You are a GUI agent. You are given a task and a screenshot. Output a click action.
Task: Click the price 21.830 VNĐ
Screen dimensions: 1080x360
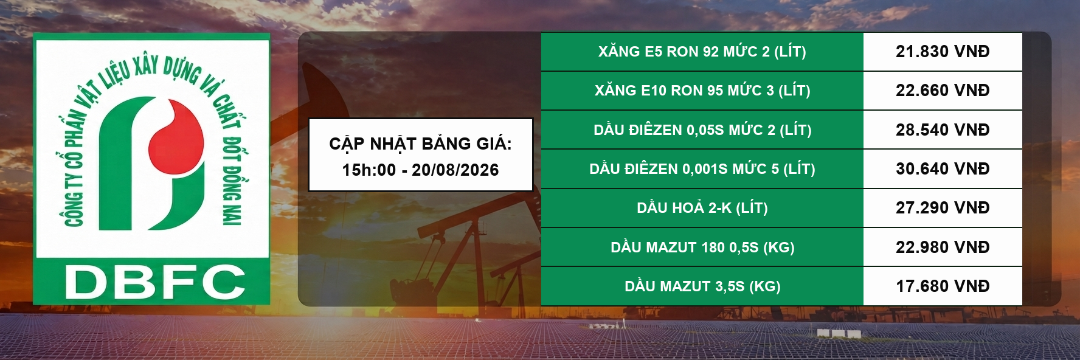(943, 52)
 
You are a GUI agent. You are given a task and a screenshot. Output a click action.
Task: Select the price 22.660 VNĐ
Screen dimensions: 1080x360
(943, 91)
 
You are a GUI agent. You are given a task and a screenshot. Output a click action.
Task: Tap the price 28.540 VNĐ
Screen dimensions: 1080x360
(943, 130)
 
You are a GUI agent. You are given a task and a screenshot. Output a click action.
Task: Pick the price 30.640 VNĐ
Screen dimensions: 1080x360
(943, 169)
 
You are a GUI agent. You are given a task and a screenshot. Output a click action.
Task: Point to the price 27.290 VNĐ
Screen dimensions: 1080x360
(943, 208)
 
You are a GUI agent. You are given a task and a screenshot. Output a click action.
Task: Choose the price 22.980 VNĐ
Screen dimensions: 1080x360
(943, 247)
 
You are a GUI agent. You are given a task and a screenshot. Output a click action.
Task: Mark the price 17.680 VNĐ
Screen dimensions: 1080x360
(943, 286)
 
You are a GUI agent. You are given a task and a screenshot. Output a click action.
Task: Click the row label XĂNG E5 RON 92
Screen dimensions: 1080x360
(702, 52)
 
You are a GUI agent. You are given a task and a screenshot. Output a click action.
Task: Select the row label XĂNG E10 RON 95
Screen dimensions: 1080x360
(702, 91)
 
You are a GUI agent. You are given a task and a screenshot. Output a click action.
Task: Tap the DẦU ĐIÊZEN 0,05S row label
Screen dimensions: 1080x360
(702, 130)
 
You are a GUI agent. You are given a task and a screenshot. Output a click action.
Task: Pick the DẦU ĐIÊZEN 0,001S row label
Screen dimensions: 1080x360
(702, 169)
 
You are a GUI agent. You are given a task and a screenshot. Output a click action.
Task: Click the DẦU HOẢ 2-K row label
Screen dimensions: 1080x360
(702, 208)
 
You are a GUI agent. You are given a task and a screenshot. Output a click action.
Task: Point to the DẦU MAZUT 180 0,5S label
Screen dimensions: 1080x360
(702, 247)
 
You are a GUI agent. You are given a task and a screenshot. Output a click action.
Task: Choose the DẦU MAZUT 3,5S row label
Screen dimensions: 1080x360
(702, 286)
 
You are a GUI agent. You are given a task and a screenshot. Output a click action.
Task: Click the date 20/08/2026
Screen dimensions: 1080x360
(455, 170)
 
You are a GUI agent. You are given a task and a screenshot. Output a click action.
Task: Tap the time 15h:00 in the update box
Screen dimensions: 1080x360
(369, 170)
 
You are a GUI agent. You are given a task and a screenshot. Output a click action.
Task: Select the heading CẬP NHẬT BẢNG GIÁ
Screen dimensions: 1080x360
(420, 144)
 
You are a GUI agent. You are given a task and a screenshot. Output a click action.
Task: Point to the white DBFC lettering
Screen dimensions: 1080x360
(154, 282)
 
